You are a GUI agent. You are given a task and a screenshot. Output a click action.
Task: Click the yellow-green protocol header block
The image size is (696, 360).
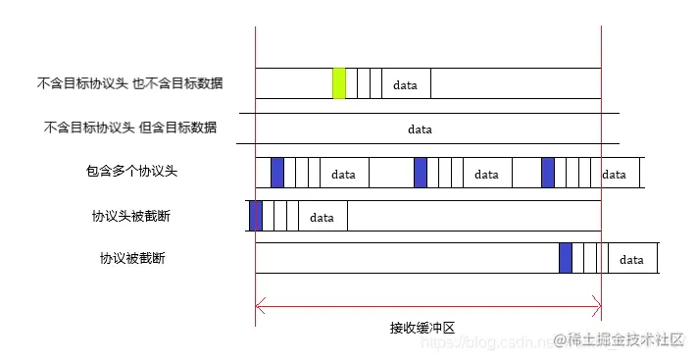pos(339,83)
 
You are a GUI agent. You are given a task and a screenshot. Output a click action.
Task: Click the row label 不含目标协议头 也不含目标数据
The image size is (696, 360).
pos(129,83)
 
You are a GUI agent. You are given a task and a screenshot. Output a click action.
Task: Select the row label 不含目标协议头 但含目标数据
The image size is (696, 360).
pos(130,128)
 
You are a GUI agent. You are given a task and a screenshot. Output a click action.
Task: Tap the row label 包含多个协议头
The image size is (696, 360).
pos(131,171)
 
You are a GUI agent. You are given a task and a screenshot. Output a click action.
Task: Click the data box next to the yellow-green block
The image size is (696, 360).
pos(406,84)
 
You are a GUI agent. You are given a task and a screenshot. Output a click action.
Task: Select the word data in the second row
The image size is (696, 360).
pos(420,129)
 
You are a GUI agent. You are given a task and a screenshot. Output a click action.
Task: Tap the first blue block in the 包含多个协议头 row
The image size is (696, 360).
pos(276,173)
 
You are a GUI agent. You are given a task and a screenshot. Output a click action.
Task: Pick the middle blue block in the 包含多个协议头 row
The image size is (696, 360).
pos(421,173)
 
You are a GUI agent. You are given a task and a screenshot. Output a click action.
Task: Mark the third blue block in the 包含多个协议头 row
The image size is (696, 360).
pos(548,173)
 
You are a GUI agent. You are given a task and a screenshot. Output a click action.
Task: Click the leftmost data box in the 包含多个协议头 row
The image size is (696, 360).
pos(344,174)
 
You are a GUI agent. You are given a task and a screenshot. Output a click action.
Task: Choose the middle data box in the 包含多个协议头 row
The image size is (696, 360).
pos(487,174)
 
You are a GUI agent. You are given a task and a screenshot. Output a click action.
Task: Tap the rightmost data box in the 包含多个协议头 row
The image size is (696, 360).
pos(615,174)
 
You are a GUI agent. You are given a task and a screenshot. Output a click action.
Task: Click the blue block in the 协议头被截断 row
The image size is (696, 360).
pos(256,216)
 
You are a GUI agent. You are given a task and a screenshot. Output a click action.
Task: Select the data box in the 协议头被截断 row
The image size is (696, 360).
pos(323,217)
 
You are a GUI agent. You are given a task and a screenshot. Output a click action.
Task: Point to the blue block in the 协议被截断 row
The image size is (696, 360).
pos(566,259)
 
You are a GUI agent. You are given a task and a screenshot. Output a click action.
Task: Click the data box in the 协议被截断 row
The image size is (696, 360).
pos(632,260)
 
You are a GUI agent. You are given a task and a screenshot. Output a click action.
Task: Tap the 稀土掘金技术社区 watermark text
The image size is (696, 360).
pos(627,338)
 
